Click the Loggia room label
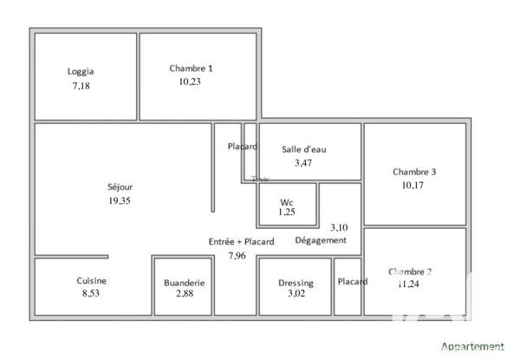click(81, 72)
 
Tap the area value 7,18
click(81, 87)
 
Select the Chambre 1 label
click(191, 68)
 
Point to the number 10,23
click(191, 82)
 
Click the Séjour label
click(120, 187)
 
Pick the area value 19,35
click(120, 200)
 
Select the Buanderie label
click(185, 283)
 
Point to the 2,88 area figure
click(185, 296)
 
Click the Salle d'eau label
click(303, 148)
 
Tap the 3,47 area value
click(303, 162)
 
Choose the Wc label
click(286, 202)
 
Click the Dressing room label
click(296, 283)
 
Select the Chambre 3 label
click(414, 171)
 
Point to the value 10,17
click(413, 185)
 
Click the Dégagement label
click(322, 240)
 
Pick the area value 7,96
click(237, 255)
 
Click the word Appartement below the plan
click(473, 346)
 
